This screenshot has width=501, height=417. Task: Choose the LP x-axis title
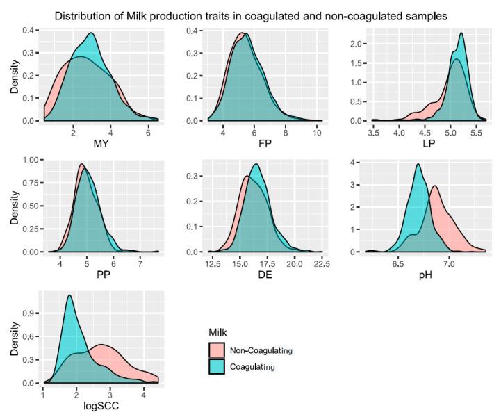(424, 144)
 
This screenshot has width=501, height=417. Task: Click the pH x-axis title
(424, 276)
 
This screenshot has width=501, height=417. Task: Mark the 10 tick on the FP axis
(316, 132)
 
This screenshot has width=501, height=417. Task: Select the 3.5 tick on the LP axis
(374, 132)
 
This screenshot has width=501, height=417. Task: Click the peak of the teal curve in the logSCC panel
(69, 295)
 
